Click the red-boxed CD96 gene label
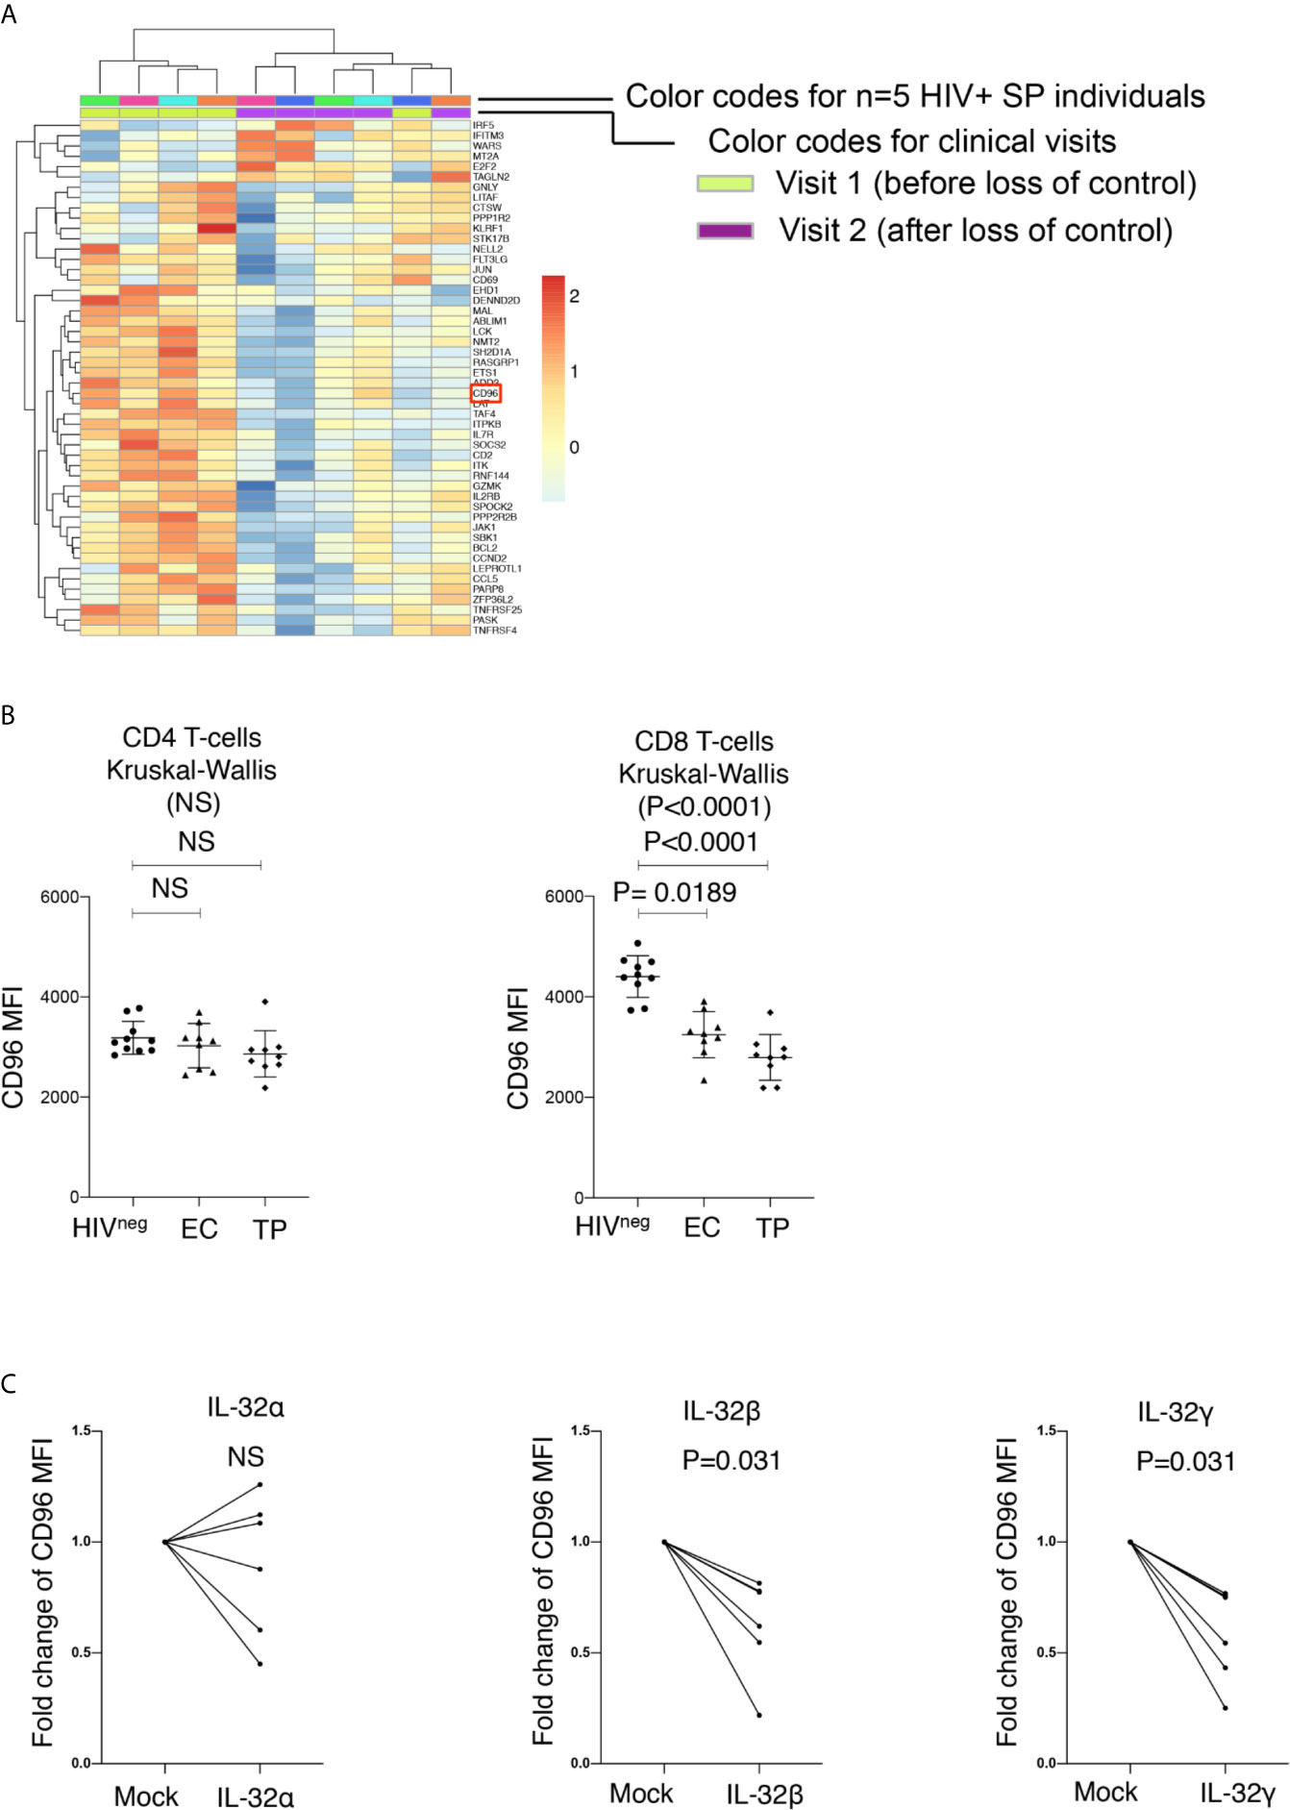click(x=485, y=393)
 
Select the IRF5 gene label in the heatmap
click(x=483, y=125)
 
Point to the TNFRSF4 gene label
click(x=495, y=631)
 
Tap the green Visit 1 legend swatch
click(x=725, y=184)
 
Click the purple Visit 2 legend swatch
click(x=725, y=231)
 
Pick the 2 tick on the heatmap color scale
click(x=575, y=296)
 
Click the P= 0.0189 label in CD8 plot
click(x=675, y=893)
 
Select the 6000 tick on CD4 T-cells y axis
click(x=59, y=897)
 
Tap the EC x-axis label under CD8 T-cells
click(x=702, y=1227)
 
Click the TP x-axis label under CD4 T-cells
click(x=270, y=1229)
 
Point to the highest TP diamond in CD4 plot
click(x=265, y=1002)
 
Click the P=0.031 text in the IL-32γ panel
click(x=1185, y=1462)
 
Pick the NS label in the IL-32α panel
click(x=245, y=1457)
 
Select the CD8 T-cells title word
click(x=704, y=741)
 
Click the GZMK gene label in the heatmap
click(x=486, y=486)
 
